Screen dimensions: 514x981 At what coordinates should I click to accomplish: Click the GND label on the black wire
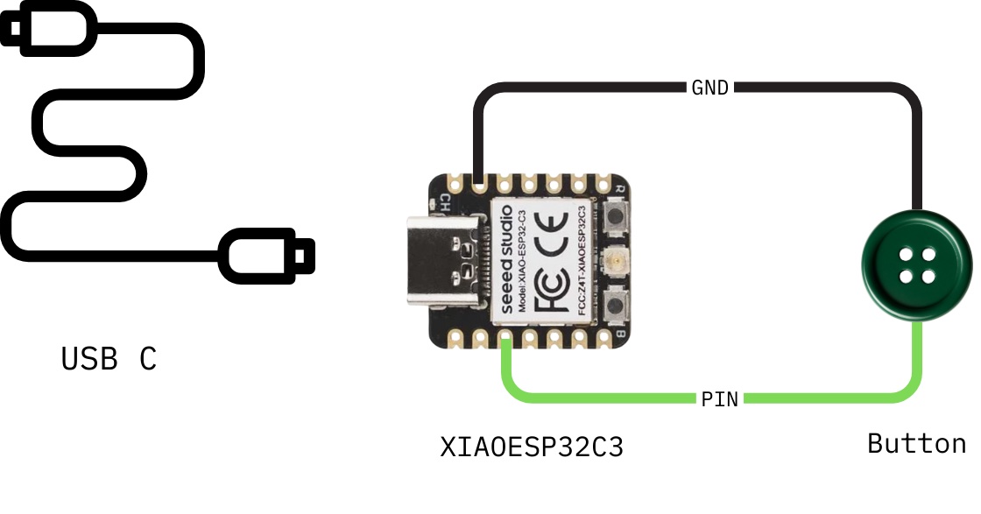point(709,88)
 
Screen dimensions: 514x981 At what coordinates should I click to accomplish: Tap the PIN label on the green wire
point(719,399)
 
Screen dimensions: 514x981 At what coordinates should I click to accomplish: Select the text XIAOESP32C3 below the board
point(532,447)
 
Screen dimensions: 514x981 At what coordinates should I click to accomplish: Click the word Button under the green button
point(916,444)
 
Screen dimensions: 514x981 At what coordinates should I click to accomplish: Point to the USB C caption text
point(109,359)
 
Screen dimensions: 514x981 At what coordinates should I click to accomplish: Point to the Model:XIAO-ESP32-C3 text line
point(522,261)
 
